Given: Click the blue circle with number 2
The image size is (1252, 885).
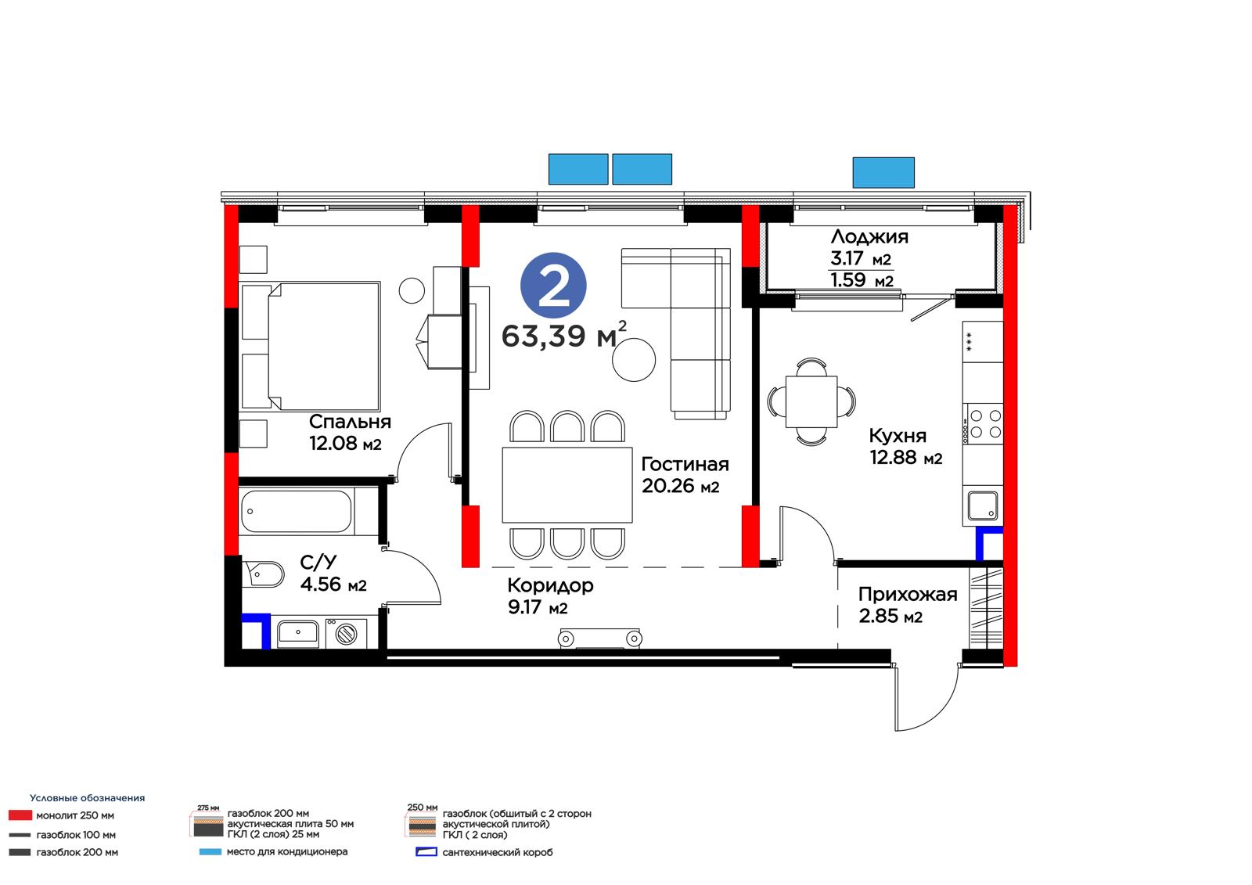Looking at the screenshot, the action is coord(552,285).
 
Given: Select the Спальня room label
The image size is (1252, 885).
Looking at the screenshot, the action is coord(349,422).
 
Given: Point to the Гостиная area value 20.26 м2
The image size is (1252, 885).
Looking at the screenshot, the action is coord(680,486).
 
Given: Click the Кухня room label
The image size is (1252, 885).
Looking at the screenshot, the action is coord(897,436).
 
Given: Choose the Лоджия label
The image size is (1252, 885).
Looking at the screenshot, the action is coord(869,237).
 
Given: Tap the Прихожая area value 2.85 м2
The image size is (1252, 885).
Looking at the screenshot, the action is coord(890,616).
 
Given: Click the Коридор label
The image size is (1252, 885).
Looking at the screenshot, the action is coord(550,585).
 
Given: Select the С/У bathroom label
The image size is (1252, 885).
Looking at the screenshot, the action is coord(318,562).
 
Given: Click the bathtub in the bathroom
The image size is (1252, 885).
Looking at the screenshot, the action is coord(297,511).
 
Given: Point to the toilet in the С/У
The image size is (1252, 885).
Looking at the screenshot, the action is coord(263,574).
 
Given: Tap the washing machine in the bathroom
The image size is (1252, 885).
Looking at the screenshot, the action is coord(346,633).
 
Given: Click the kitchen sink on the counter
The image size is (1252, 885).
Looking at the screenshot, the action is coord(982,505).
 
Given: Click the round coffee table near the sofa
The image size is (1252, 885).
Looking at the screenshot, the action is coord(633,360).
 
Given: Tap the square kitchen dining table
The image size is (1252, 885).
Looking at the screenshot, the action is coord(811,401).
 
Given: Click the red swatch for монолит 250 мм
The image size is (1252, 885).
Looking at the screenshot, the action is coord(20,815).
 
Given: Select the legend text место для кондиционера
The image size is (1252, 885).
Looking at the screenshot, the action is coord(286,851).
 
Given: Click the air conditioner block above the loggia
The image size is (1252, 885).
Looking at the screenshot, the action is coord(883,172).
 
